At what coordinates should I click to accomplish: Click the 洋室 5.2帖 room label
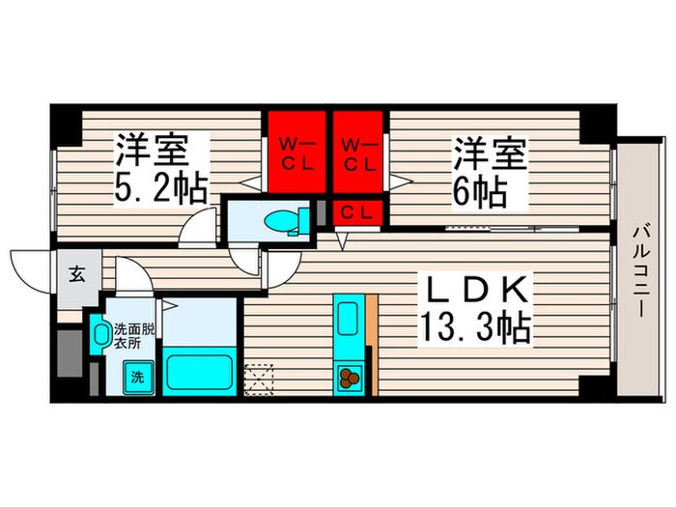click(x=162, y=169)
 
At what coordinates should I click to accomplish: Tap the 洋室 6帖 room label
click(x=490, y=172)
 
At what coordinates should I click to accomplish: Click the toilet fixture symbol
click(x=287, y=220)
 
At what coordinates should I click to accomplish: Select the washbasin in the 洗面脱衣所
click(x=101, y=335)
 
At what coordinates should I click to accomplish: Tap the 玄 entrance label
click(x=76, y=273)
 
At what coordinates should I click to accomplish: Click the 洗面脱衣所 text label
click(x=132, y=333)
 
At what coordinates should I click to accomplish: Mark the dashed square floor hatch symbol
click(x=260, y=378)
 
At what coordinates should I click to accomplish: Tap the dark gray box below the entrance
click(x=69, y=353)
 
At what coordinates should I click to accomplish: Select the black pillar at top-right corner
click(x=600, y=122)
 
